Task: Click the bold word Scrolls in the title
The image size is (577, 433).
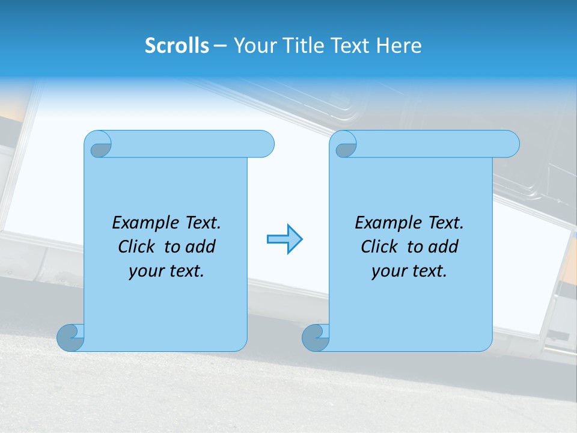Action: (x=177, y=46)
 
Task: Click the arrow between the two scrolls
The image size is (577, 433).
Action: (x=284, y=239)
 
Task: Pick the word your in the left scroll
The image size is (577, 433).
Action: (x=144, y=271)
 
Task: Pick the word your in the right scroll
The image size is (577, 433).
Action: (x=387, y=271)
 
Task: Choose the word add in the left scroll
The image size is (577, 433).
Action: (x=201, y=247)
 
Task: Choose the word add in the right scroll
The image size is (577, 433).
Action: (x=444, y=247)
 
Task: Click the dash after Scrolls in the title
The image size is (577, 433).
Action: (x=220, y=46)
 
